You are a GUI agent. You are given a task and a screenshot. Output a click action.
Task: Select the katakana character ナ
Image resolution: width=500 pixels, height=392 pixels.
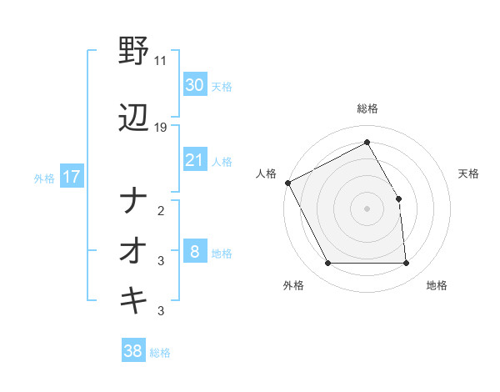coord(133,201)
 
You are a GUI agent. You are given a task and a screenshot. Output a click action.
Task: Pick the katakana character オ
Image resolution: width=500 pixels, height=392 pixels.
coord(133,250)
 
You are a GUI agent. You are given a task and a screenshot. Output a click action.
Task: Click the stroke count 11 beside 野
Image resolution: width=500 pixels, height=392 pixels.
coord(161,61)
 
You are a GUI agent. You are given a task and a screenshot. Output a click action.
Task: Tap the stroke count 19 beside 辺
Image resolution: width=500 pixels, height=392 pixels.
coord(161,128)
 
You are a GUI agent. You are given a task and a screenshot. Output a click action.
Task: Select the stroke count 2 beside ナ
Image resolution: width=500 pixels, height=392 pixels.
coord(161,211)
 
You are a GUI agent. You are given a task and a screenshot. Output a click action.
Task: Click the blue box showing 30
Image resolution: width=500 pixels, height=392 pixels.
coord(194,85)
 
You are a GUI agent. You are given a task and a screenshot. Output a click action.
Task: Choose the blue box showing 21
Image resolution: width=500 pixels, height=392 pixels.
coord(194,160)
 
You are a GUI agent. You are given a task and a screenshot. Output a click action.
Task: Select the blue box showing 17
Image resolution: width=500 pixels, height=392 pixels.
coord(71,177)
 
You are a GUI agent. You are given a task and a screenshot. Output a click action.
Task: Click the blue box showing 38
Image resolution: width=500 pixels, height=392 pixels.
coord(132,352)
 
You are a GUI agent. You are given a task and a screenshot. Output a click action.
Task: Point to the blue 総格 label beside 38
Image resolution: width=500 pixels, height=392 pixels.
coord(160,353)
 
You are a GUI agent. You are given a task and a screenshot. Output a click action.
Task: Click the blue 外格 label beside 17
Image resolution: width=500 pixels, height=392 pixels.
coord(44,178)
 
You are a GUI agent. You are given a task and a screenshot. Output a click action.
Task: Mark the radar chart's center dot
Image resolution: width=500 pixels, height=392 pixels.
coord(367,208)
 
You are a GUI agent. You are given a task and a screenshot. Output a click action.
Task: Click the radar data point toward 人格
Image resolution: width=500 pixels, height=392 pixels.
coord(287,183)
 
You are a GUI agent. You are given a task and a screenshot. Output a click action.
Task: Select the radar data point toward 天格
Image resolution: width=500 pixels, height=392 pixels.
coord(398,199)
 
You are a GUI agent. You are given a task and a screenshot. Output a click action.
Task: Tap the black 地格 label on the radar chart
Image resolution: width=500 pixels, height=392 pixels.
coord(437,285)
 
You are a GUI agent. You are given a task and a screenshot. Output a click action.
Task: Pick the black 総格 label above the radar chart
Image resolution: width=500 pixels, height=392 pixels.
coord(367,108)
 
